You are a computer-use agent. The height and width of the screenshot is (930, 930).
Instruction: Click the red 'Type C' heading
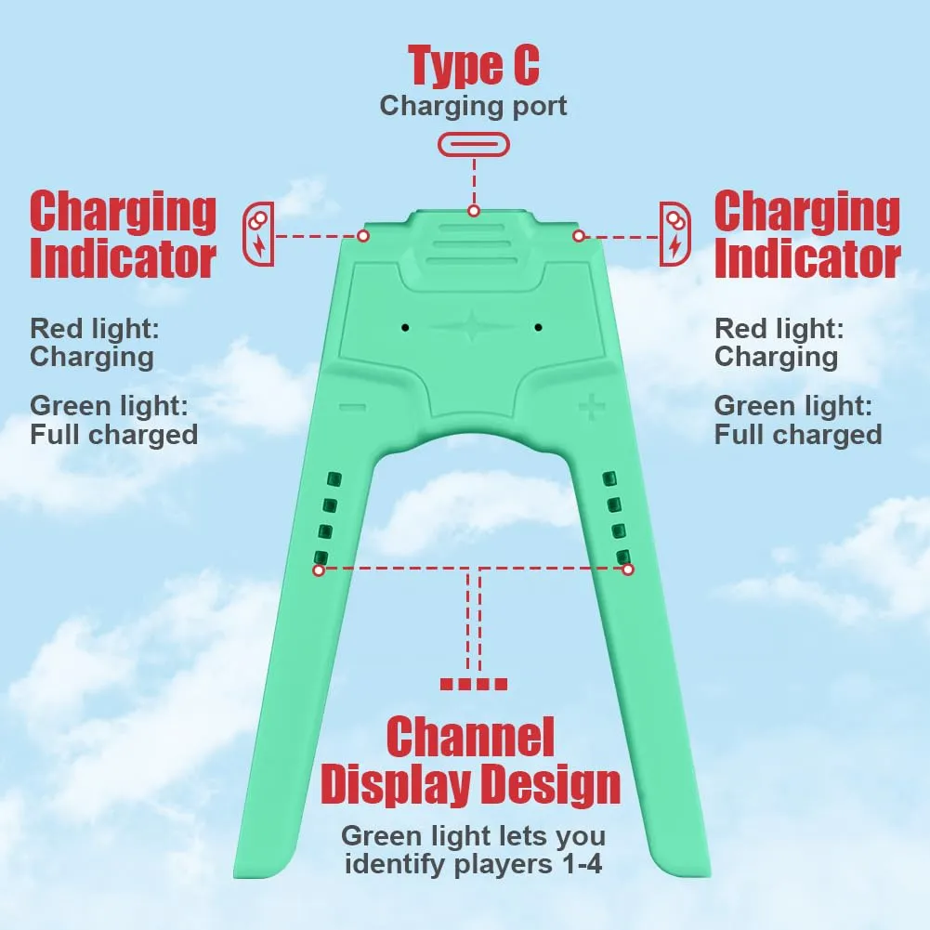tap(474, 67)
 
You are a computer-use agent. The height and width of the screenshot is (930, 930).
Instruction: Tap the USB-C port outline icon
tap(474, 145)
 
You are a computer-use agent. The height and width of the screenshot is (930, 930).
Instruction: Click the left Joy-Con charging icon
tap(258, 234)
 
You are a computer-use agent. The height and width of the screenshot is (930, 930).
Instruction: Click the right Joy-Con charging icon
tap(675, 234)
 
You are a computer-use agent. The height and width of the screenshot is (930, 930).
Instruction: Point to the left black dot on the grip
tap(405, 327)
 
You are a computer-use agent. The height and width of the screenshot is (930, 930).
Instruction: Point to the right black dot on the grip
tap(538, 327)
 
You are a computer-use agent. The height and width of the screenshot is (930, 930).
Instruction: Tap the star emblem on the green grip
tap(472, 325)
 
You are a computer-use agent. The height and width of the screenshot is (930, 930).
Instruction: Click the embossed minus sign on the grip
tap(352, 407)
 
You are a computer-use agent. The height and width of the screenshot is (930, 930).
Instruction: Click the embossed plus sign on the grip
tap(592, 407)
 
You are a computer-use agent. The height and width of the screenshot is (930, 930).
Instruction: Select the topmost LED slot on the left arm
tap(335, 478)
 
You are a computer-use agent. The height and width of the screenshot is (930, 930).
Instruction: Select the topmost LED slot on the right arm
tap(609, 478)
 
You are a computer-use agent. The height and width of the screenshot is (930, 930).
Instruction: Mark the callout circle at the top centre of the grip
tap(473, 211)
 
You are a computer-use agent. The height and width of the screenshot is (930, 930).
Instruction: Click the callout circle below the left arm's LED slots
tap(319, 570)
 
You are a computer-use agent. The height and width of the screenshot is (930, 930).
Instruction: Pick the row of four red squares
tap(473, 684)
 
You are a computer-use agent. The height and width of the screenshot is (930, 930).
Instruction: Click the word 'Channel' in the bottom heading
tap(470, 738)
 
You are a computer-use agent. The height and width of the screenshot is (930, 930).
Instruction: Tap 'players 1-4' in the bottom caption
tap(528, 864)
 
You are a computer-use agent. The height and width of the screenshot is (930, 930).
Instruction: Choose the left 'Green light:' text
tap(109, 406)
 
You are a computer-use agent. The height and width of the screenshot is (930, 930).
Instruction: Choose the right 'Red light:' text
tap(779, 329)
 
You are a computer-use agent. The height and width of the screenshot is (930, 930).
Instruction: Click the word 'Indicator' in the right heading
tap(807, 258)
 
